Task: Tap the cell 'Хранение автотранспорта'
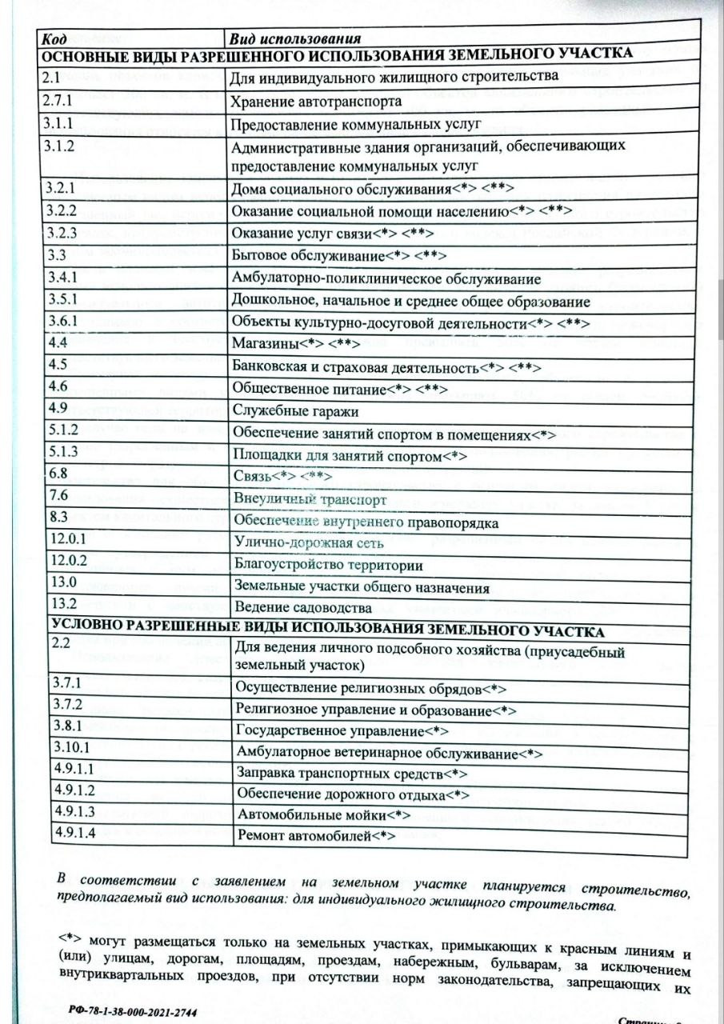click(316, 102)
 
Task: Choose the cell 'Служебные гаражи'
click(294, 411)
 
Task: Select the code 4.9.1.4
click(73, 833)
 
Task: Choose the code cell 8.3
click(57, 518)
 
